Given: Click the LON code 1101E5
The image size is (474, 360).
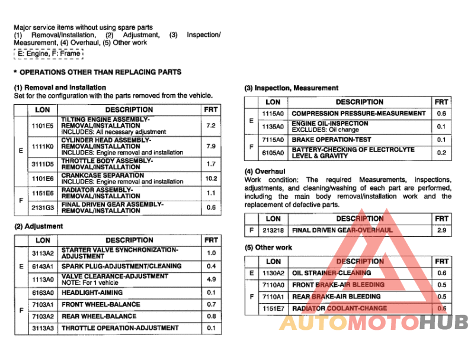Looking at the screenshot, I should (x=43, y=126).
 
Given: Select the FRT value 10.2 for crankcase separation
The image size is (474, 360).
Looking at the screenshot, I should (x=210, y=178).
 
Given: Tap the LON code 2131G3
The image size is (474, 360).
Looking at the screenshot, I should (x=43, y=207).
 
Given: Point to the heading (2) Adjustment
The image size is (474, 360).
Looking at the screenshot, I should (x=39, y=226).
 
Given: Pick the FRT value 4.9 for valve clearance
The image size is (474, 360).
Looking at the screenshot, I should (x=210, y=279).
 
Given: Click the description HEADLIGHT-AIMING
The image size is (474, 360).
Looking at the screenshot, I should (x=92, y=292).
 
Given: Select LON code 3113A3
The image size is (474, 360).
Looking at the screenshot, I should (x=43, y=328).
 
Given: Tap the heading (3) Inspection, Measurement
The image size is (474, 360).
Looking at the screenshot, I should (x=292, y=88).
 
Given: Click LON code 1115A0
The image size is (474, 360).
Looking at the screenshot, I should (x=273, y=113).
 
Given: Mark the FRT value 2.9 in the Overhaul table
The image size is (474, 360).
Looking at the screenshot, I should (x=441, y=230).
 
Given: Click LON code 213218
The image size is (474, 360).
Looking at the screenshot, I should (x=273, y=230).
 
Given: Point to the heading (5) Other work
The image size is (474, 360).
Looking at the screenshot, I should (x=268, y=247).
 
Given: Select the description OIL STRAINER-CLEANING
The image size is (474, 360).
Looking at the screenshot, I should (x=332, y=273).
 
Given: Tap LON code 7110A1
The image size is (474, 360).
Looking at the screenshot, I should (x=273, y=297).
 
